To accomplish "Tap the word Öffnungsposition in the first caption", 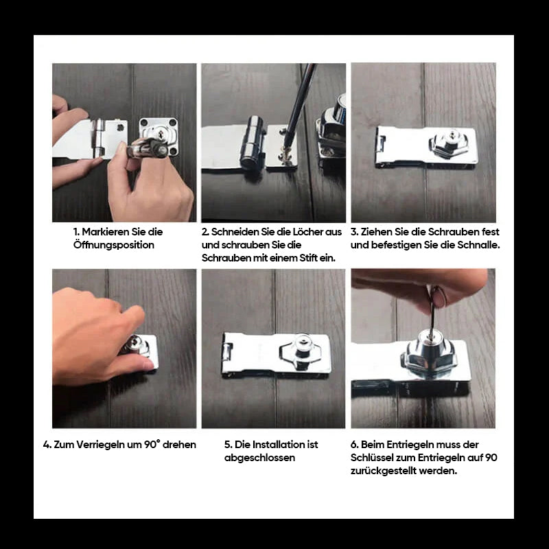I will pos(113,245).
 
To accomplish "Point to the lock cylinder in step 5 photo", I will pos(302,347).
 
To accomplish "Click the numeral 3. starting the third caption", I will pos(355,232).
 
